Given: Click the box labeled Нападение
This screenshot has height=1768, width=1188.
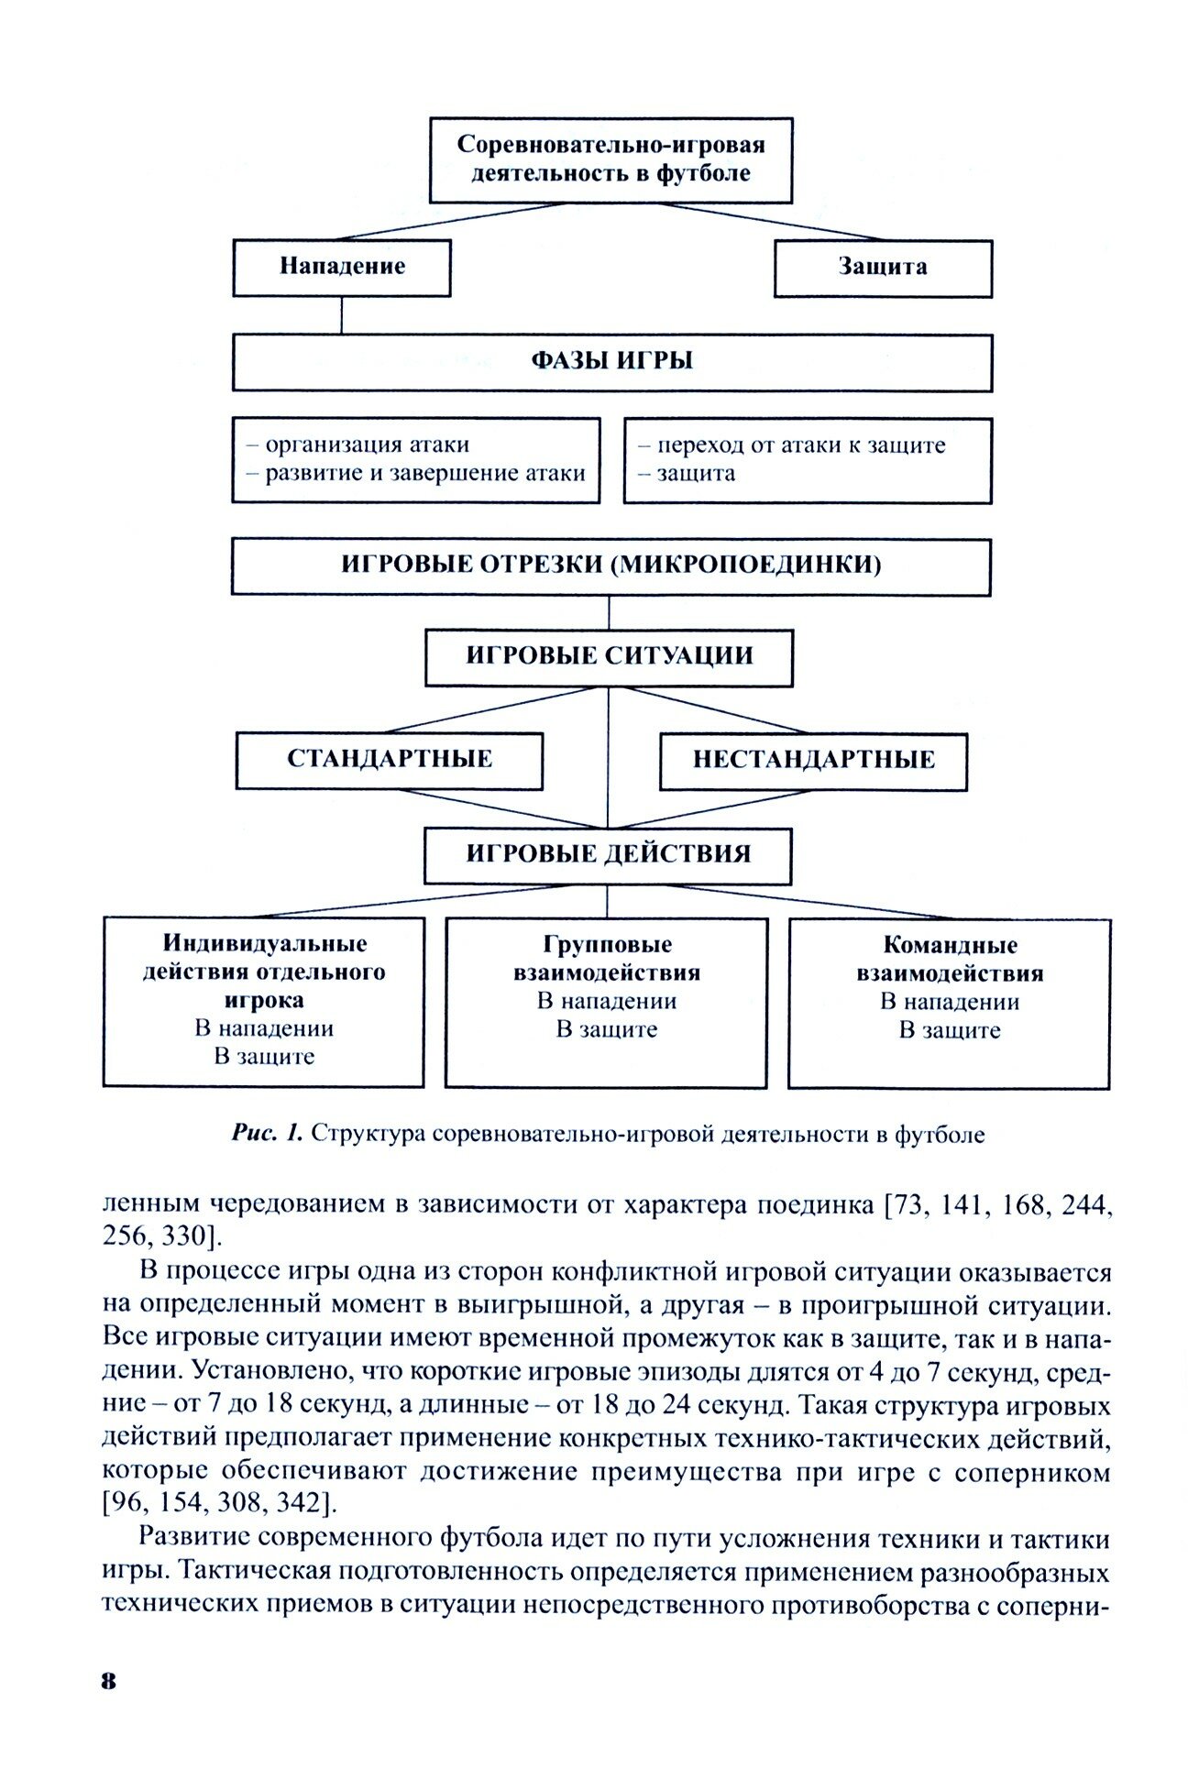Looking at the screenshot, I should [341, 268].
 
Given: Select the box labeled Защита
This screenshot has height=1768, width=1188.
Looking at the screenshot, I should [882, 268].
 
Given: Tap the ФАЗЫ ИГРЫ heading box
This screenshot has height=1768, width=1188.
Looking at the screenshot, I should [611, 361].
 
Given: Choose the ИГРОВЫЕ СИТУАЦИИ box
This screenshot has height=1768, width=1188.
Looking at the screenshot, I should [609, 656].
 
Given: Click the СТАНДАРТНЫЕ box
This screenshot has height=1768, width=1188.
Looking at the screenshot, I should [389, 760].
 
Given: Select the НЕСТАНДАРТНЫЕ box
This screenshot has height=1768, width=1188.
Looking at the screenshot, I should [813, 760].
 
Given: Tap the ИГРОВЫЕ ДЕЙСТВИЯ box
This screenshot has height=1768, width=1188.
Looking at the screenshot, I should [608, 854].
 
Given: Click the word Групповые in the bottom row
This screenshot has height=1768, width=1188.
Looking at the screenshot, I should [607, 944].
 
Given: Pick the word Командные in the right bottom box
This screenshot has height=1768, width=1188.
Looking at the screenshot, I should [950, 945].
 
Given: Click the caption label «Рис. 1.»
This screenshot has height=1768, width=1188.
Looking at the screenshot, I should [267, 1134].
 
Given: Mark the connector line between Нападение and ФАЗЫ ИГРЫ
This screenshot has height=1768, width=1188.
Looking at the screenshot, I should [341, 314].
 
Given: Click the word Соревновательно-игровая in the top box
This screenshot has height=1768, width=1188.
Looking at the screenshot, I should [610, 145].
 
